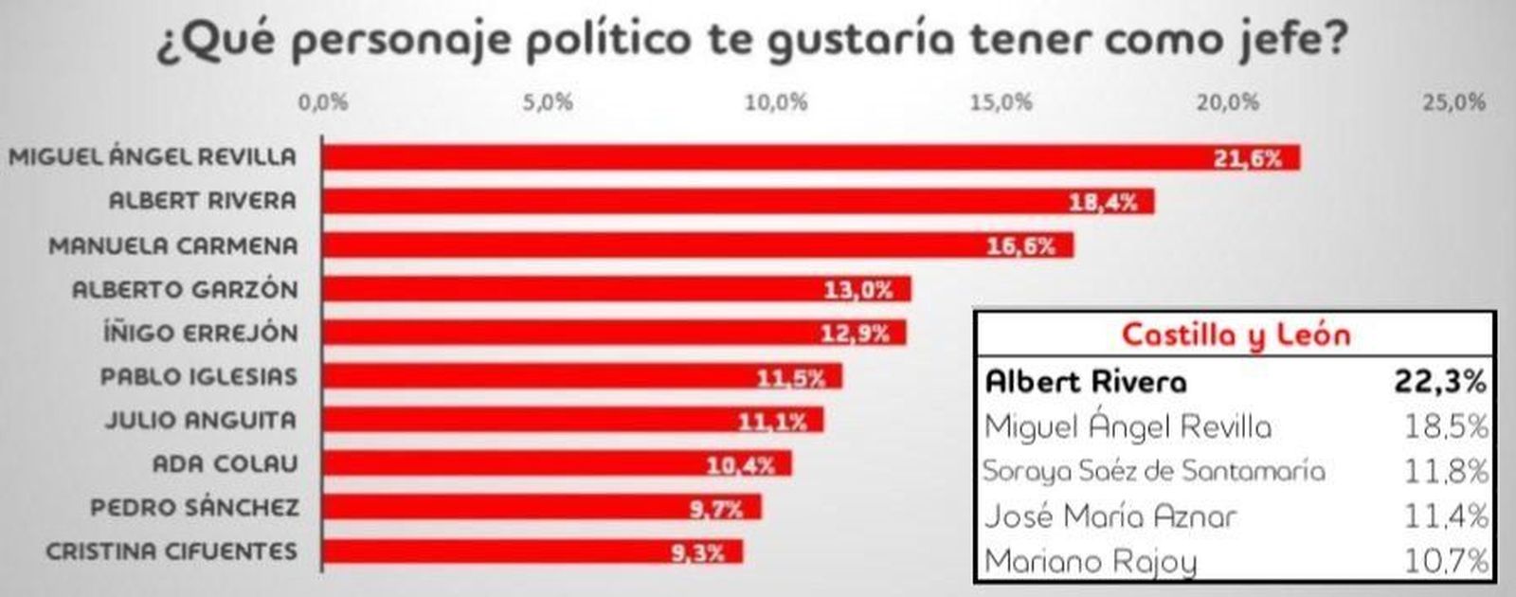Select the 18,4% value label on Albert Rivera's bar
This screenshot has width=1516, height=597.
(1102, 202)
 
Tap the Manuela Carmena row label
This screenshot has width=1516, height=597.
(173, 245)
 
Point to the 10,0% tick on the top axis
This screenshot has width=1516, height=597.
(776, 102)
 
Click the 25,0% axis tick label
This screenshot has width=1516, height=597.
(1453, 102)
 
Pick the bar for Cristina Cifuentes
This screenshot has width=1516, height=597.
(531, 552)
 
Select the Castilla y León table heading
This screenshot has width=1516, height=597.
(1236, 335)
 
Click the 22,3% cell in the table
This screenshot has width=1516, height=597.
(1438, 381)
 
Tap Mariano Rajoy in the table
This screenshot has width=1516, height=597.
(1090, 562)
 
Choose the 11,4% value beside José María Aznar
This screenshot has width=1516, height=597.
(1446, 516)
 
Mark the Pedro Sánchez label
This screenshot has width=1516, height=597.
(194, 508)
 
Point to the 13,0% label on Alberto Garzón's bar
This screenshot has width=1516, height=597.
(858, 290)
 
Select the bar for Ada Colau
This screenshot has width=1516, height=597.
(555, 464)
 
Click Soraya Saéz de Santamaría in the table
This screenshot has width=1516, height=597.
(1153, 471)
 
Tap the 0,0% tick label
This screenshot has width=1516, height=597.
(323, 102)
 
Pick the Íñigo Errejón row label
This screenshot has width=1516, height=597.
(200, 334)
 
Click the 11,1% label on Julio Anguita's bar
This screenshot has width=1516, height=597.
(772, 421)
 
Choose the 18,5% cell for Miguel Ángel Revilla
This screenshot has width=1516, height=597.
(1446, 426)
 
